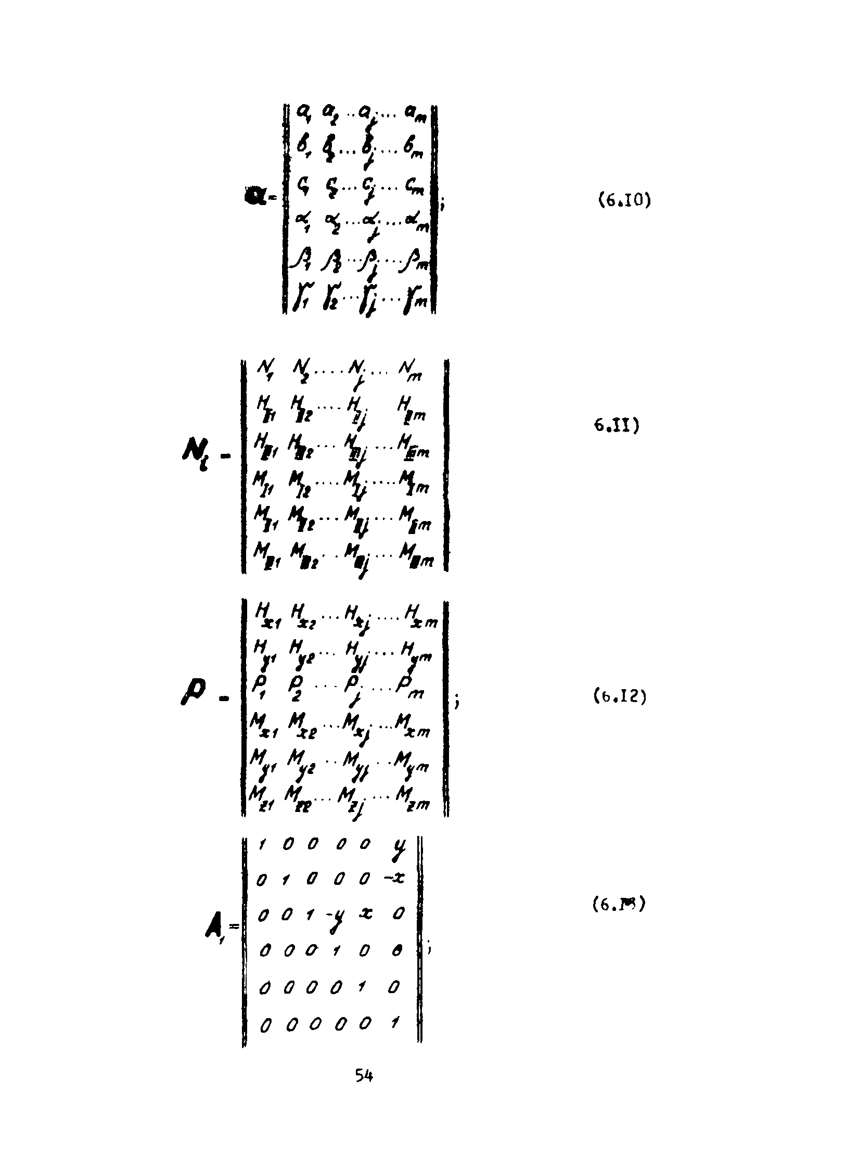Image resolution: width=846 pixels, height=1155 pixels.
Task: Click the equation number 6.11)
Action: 616,426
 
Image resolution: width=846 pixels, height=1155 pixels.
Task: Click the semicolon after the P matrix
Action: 457,703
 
